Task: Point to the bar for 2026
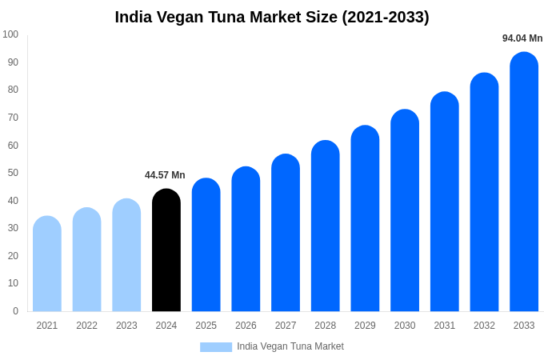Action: coord(246,239)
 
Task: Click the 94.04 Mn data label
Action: coord(522,38)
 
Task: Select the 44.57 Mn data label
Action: coord(165,175)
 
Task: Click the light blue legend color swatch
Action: coord(215,347)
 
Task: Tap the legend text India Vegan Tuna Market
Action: coord(290,346)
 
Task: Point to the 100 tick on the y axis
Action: coord(10,34)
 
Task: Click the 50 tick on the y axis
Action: coord(13,173)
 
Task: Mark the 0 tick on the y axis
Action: coord(15,311)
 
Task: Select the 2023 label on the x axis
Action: coord(126,326)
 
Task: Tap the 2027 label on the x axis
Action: coord(286,326)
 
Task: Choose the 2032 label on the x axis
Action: coord(484,326)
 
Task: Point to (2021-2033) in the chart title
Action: coord(386,17)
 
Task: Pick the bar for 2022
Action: coord(87,260)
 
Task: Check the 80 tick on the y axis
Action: coord(13,90)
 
